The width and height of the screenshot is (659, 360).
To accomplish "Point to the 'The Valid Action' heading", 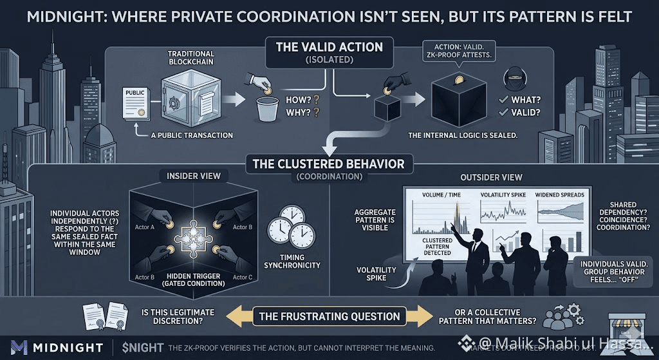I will point(329,47).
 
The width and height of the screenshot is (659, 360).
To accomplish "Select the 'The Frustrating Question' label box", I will point(329,316).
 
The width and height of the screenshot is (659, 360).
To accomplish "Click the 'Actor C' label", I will point(241,277).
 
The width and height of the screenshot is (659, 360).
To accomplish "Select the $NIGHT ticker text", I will point(142,348).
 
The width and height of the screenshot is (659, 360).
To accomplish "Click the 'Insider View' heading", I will point(194,176).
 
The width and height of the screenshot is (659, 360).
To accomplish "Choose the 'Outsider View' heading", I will point(482,177).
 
